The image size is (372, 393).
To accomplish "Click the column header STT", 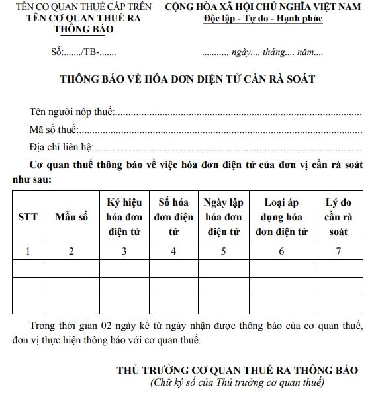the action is pyautogui.click(x=28, y=216).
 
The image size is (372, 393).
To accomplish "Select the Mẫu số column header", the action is pyautogui.click(x=71, y=216).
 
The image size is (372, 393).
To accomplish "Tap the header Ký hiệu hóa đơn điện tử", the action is pyautogui.click(x=124, y=216).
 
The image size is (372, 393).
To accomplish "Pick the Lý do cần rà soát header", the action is pyautogui.click(x=338, y=216).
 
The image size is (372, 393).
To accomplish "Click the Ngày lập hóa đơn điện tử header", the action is pyautogui.click(x=222, y=216).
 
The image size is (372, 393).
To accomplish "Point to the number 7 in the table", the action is pyautogui.click(x=338, y=251).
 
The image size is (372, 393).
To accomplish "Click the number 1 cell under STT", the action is pyautogui.click(x=28, y=251).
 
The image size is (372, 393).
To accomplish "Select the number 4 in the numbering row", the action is pyautogui.click(x=173, y=251).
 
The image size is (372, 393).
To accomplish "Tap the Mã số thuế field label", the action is pyautogui.click(x=54, y=128).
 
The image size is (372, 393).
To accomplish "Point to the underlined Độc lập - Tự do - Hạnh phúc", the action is pyautogui.click(x=263, y=19).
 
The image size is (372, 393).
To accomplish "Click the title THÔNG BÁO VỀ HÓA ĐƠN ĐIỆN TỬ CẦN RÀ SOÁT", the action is pyautogui.click(x=187, y=79).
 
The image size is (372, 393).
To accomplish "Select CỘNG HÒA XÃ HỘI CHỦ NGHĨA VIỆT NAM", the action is pyautogui.click(x=263, y=7).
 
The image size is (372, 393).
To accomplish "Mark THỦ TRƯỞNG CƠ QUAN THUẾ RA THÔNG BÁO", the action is pyautogui.click(x=237, y=370).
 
